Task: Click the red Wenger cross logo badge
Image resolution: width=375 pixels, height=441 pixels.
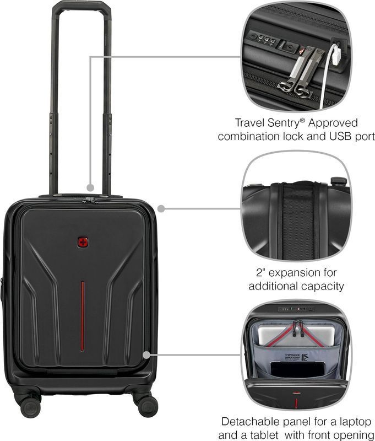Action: pyautogui.click(x=83, y=242)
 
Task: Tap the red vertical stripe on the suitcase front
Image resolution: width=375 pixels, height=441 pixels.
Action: pyautogui.click(x=82, y=316)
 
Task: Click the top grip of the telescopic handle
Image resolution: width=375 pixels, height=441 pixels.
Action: pyautogui.click(x=81, y=6)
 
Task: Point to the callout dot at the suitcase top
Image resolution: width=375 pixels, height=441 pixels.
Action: pyautogui.click(x=90, y=187)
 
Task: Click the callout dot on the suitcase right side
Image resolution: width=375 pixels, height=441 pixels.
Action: pyautogui.click(x=161, y=209)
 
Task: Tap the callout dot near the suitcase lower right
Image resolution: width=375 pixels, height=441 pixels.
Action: pyautogui.click(x=146, y=355)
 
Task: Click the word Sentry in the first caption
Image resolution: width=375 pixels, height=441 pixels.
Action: pyautogui.click(x=283, y=123)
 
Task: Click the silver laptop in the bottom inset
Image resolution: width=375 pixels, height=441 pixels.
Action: pyautogui.click(x=296, y=335)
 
